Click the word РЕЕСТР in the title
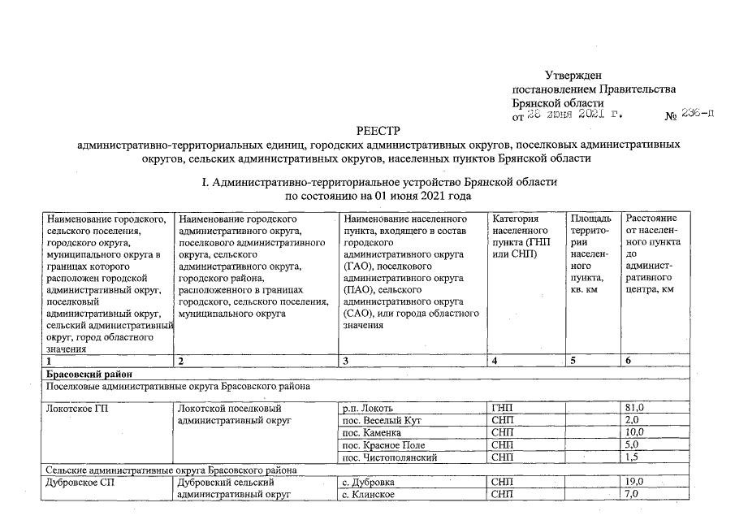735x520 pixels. coord(378,131)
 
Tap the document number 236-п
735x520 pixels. coord(698,116)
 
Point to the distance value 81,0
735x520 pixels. coord(634,407)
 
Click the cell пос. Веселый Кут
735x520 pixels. coord(382,420)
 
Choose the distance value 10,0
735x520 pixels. coord(634,432)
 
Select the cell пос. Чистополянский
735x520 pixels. coord(390,457)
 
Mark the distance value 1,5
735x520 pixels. coord(632,457)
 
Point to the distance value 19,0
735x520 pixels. coord(634,482)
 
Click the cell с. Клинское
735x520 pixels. coord(369,495)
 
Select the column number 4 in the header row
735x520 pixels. coord(495,360)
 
